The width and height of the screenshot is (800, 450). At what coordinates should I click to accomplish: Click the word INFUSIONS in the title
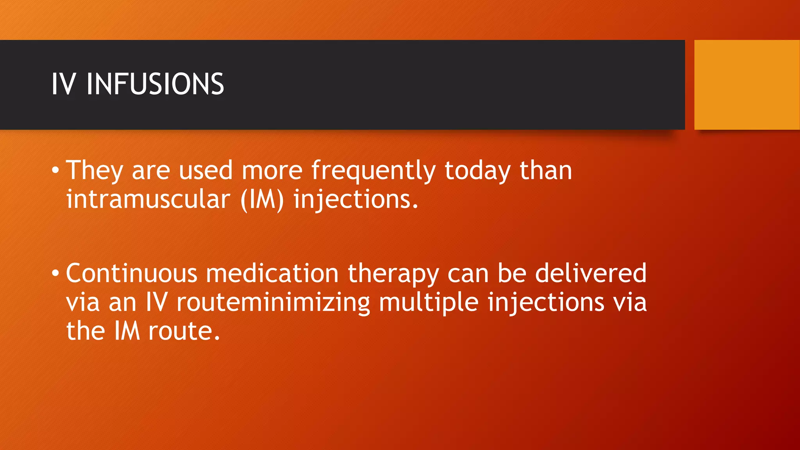(155, 84)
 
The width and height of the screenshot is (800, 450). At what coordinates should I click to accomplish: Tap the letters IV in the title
(63, 84)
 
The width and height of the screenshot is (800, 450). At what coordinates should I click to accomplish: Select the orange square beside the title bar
(746, 85)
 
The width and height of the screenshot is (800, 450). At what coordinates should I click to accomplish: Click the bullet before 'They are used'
(55, 170)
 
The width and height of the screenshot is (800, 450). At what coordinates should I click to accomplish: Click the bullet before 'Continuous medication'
(55, 273)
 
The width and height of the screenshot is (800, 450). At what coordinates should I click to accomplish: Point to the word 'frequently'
(373, 171)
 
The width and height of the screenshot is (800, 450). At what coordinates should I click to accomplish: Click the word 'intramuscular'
(148, 199)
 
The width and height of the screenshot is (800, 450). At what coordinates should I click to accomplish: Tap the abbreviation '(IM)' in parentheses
(262, 200)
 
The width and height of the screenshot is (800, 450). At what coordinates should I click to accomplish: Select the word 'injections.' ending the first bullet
(356, 200)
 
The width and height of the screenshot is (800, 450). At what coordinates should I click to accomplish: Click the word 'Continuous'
(132, 273)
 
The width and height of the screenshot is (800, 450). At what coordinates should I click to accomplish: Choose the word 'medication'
(272, 273)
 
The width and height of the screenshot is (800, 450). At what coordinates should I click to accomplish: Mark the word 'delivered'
(591, 273)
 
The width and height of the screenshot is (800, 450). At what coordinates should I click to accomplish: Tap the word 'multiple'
(429, 303)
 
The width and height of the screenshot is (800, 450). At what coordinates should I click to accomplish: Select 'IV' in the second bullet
(157, 302)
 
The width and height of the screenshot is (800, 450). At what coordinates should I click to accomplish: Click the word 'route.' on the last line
(184, 331)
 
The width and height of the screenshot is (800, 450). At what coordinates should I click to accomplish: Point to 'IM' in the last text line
(127, 331)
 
